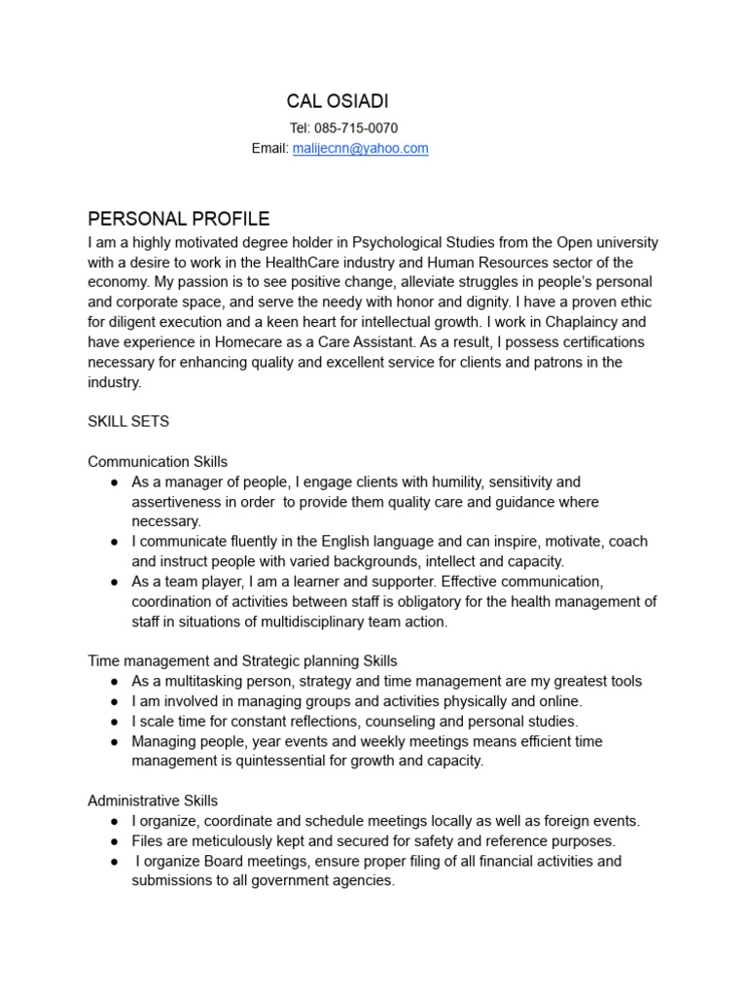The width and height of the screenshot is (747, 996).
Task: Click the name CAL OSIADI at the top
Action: point(338,102)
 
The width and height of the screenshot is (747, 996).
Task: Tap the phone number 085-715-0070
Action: point(356,128)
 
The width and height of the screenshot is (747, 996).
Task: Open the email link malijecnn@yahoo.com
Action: point(360,149)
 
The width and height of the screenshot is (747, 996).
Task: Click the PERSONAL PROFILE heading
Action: point(179,219)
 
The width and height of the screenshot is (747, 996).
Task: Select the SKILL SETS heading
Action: point(128,422)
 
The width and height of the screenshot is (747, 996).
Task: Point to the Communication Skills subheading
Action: point(158,462)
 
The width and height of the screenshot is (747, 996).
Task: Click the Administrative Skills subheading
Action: point(153,800)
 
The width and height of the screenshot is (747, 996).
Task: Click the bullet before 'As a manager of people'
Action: point(114,481)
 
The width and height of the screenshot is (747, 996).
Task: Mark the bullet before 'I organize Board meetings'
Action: point(114,861)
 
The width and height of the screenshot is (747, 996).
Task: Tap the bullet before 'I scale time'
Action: point(114,721)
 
